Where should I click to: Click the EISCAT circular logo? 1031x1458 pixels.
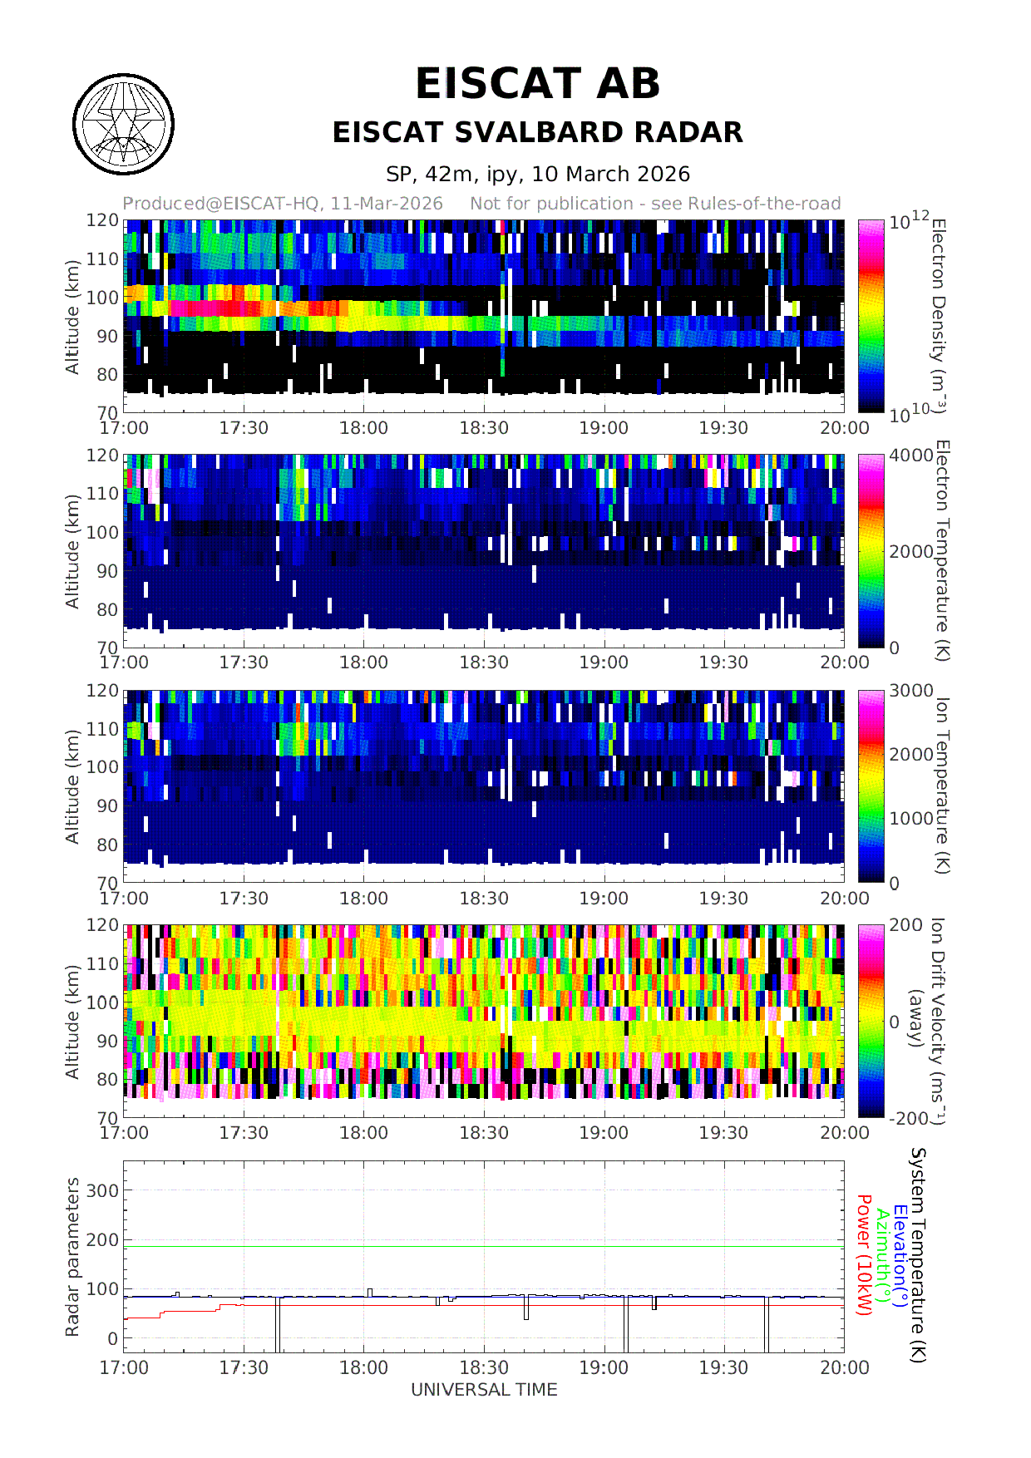[123, 125]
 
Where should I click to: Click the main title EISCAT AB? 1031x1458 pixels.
[537, 84]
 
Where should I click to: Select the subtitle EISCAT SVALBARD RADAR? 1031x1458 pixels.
[537, 133]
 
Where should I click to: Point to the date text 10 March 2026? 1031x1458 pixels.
[610, 175]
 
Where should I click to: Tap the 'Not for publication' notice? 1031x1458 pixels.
[655, 204]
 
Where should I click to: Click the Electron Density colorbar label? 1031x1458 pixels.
[939, 316]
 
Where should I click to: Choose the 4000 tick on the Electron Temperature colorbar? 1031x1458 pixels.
[911, 456]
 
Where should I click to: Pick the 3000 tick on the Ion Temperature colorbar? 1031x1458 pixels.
[911, 691]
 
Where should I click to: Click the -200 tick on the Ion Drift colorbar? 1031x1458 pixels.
[908, 1118]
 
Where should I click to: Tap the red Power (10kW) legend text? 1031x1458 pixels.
[864, 1255]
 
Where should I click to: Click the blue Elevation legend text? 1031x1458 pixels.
[900, 1255]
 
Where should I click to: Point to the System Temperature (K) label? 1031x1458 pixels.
[918, 1255]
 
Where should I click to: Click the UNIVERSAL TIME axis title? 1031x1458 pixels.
[484, 1390]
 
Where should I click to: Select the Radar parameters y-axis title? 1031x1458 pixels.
[73, 1257]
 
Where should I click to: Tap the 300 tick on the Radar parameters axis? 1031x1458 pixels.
[103, 1190]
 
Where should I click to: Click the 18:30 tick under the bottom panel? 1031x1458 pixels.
[484, 1367]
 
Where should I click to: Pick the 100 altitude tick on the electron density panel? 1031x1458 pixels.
[103, 298]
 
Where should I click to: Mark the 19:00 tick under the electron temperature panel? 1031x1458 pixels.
[604, 663]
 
